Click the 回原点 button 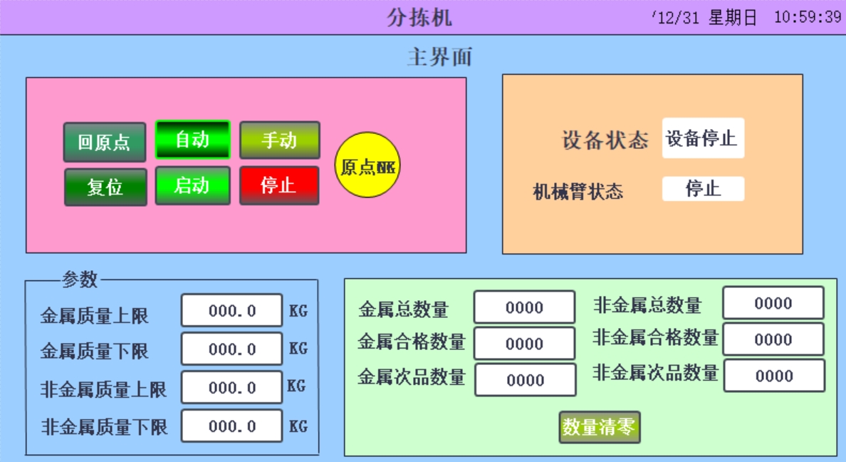pos(105,142)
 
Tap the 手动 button pos(279,140)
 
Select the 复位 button pos(105,187)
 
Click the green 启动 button pos(192,185)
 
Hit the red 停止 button pos(279,185)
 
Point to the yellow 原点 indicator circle pos(367,167)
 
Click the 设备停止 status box pos(703,138)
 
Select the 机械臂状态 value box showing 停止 pos(703,189)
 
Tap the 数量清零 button pos(599,427)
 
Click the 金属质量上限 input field pos(231,311)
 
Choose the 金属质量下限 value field pos(231,349)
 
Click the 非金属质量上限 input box pos(231,388)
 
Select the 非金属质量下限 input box pos(231,426)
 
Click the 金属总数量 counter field pos(524,307)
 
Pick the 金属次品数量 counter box pos(525,380)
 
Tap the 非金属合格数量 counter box pos(773,339)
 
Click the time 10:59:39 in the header pos(808,18)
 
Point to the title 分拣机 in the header pos(419,18)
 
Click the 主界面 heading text pos(439,57)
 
